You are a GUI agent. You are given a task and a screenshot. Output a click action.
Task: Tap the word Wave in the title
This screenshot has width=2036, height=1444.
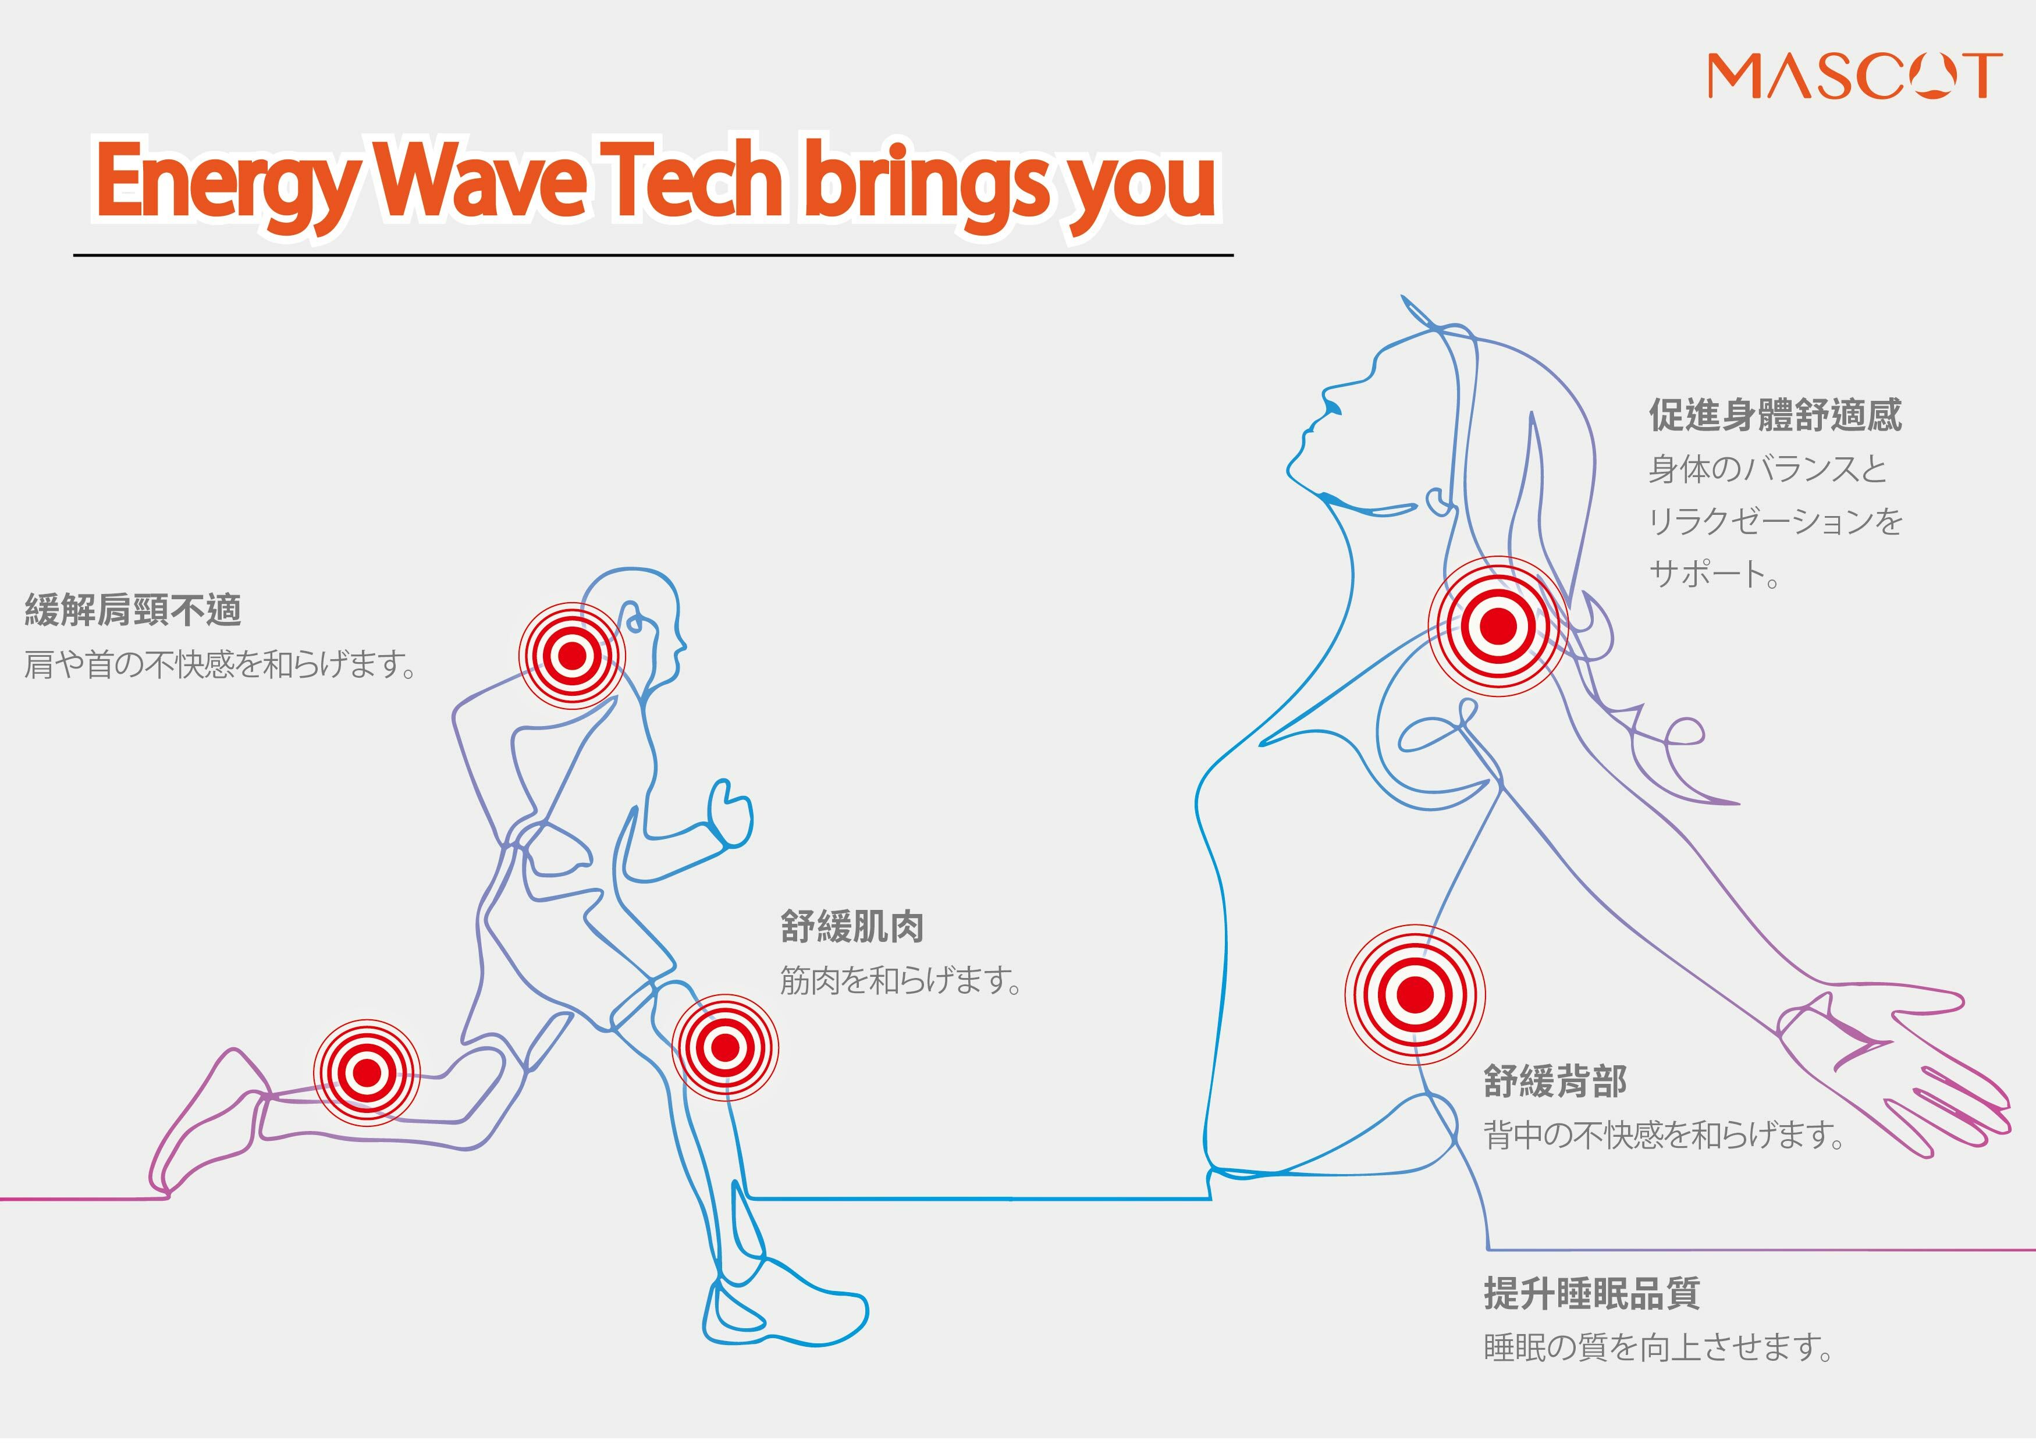(x=480, y=182)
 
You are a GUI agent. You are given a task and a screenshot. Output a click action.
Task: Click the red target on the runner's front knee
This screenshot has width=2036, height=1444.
(x=724, y=1047)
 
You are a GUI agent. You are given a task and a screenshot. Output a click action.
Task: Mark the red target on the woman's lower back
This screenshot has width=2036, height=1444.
(x=1415, y=994)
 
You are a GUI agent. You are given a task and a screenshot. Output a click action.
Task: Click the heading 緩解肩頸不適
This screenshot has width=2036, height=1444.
(x=133, y=611)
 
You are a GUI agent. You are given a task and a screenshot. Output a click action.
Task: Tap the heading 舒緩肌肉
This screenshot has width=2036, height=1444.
(x=852, y=927)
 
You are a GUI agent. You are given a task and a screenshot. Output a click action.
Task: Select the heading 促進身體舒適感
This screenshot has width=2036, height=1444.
(x=1775, y=415)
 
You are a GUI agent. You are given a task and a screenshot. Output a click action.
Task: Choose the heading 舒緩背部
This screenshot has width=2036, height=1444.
(x=1555, y=1081)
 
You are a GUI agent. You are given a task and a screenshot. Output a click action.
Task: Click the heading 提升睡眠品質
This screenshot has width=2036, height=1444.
(x=1591, y=1294)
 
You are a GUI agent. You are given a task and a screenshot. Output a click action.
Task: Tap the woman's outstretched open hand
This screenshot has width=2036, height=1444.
(x=1911, y=1067)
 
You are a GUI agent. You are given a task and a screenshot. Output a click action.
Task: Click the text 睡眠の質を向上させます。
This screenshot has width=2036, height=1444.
(x=1658, y=1348)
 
